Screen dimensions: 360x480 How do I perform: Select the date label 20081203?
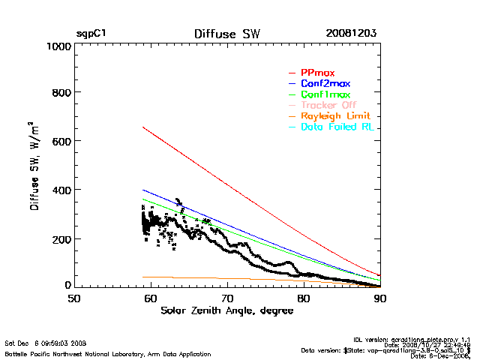(x=351, y=34)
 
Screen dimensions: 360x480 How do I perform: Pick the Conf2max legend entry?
(x=325, y=83)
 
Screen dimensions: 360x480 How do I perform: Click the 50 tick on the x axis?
(x=73, y=298)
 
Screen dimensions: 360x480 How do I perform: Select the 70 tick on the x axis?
(x=226, y=298)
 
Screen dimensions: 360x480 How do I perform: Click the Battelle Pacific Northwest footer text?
(x=108, y=353)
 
